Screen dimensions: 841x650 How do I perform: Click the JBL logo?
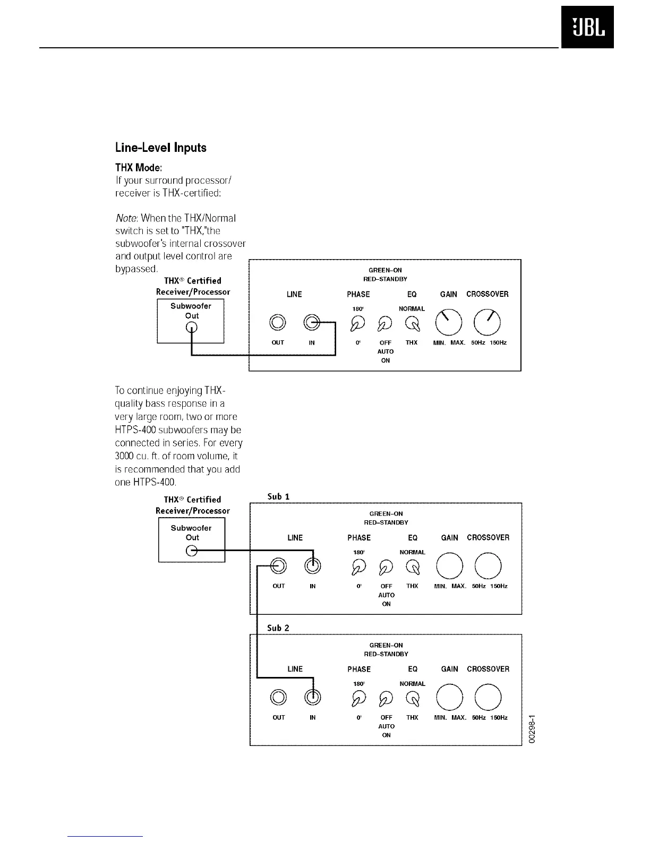point(587,27)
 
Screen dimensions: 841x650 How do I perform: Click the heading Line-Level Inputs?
point(160,148)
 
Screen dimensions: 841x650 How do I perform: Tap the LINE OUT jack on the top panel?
point(278,322)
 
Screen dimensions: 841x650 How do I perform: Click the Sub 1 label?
point(278,497)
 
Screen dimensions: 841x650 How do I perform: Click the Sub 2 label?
point(278,628)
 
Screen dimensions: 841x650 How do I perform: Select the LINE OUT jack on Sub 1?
point(279,566)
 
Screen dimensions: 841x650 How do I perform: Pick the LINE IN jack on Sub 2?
point(313,697)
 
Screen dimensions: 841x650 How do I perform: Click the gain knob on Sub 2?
point(449,697)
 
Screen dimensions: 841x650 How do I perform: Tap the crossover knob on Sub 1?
point(489,566)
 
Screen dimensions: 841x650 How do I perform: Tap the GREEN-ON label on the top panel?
point(385,270)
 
